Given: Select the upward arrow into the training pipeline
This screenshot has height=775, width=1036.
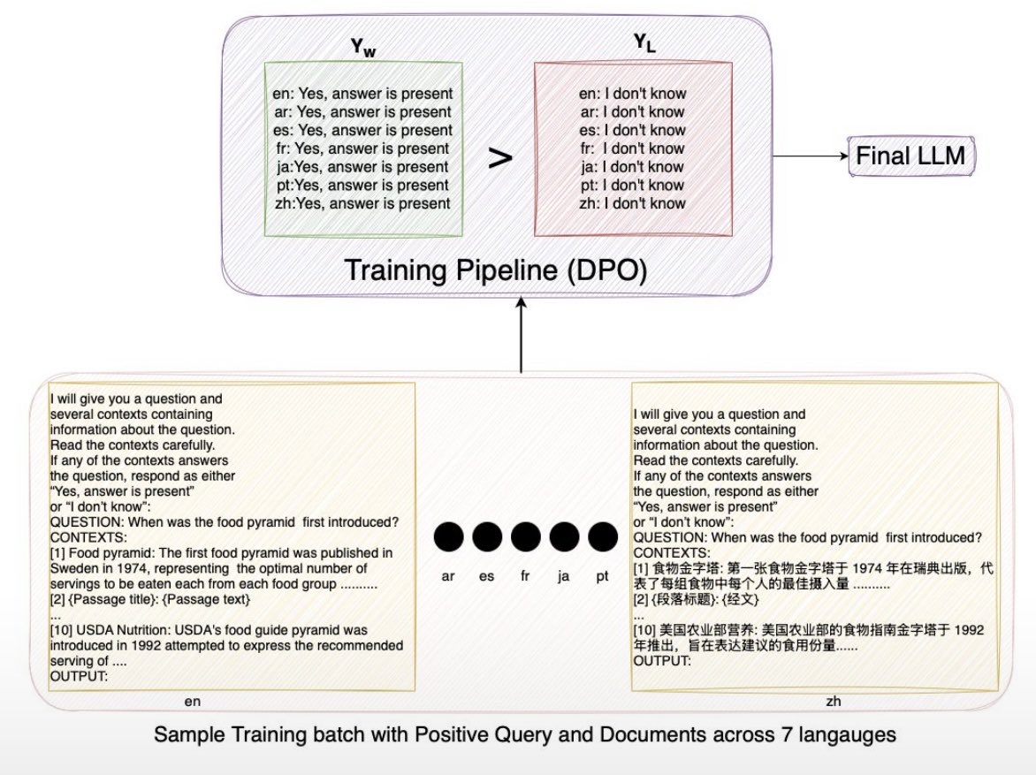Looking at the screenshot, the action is click(x=522, y=336).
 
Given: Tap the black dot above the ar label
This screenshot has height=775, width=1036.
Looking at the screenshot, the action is click(x=448, y=536).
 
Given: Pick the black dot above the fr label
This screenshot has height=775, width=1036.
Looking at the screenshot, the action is click(x=525, y=536).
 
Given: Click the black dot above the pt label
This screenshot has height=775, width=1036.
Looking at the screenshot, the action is click(x=602, y=536).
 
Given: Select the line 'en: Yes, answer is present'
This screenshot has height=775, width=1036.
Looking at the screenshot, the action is click(x=363, y=94).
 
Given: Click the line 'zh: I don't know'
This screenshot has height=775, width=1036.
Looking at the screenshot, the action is click(x=632, y=203).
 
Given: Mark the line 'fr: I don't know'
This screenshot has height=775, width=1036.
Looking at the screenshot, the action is click(x=632, y=148).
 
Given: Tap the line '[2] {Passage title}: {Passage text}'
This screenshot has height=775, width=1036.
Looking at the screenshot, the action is click(x=151, y=600).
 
